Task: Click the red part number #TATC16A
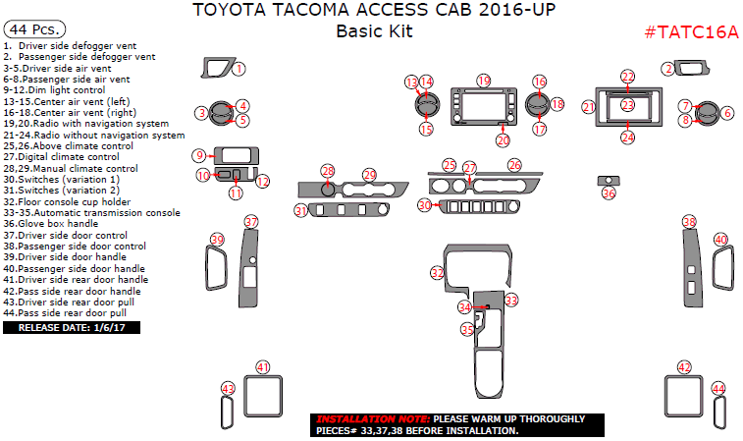click(691, 31)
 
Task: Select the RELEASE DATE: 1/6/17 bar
click(72, 327)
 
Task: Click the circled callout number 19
click(483, 80)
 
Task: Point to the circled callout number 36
click(609, 193)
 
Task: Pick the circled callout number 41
click(262, 366)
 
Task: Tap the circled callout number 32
click(437, 271)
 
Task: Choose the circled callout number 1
click(239, 69)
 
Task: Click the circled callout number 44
click(718, 389)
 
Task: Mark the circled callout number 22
click(627, 76)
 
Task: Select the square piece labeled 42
click(685, 399)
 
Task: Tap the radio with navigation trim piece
click(481, 108)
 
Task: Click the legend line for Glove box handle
click(58, 223)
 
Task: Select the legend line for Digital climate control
click(61, 156)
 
